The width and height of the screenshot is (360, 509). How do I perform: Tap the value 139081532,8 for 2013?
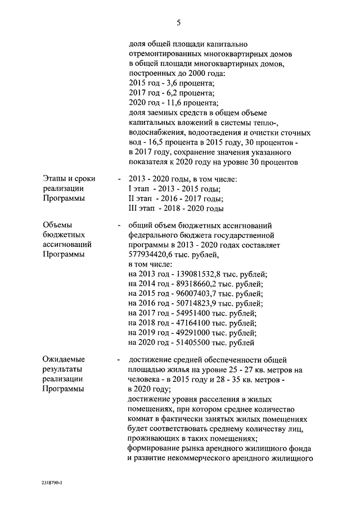pyautogui.click(x=196, y=274)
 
